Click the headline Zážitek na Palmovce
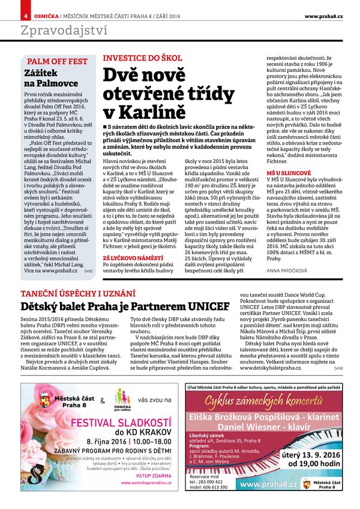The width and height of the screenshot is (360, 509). tap(52, 78)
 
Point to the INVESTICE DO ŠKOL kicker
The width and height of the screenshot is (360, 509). tap(142, 58)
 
